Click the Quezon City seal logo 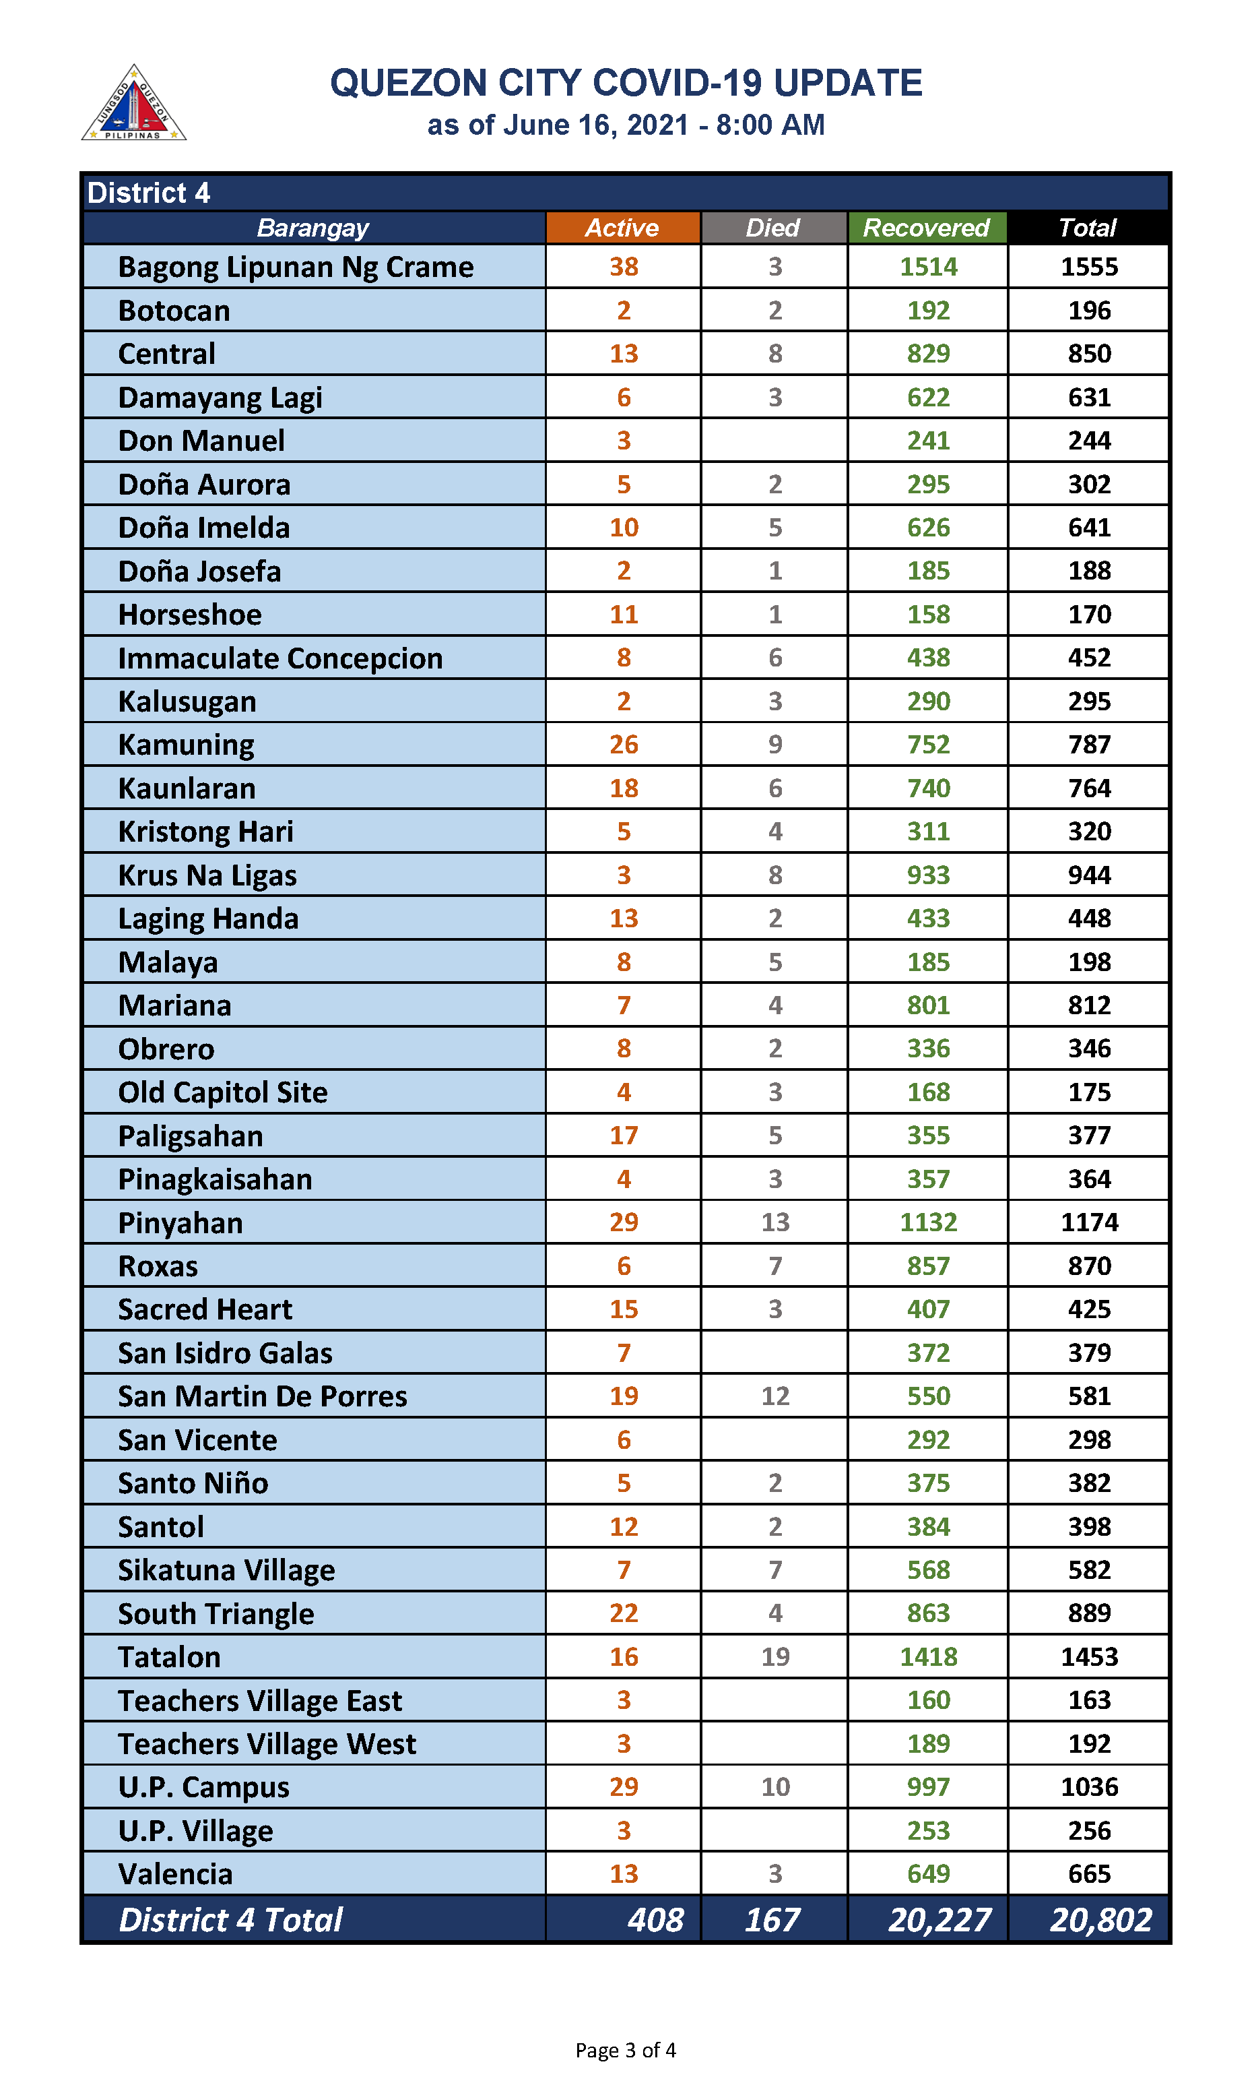(133, 104)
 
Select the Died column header (772, 228)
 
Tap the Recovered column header (926, 228)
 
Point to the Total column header (1088, 228)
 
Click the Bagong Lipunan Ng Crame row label (296, 267)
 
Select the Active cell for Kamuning (624, 745)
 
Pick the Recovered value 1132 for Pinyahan (928, 1222)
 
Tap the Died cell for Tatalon (775, 1656)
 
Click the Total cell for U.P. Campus (1089, 1786)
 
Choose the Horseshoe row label (190, 615)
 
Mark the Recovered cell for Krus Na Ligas (928, 875)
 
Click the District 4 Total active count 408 (655, 1919)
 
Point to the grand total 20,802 (1100, 1919)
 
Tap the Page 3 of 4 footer (625, 2049)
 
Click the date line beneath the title (625, 125)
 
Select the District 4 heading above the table (149, 193)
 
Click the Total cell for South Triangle (1089, 1613)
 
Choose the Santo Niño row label (193, 1483)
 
